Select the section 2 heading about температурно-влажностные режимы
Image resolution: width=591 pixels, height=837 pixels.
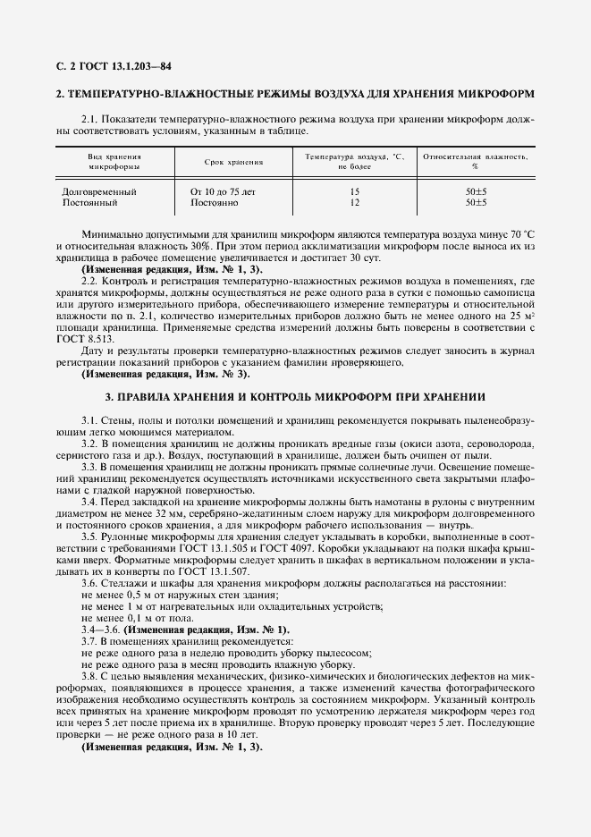tap(295, 93)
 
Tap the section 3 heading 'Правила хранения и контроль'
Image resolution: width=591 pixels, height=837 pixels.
tap(295, 395)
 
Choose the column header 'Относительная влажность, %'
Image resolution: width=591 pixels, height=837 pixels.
tap(475, 161)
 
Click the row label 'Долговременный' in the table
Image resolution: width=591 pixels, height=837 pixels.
tap(98, 192)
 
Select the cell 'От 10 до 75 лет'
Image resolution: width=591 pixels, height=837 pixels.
tap(224, 192)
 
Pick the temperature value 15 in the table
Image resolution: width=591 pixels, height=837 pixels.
tap(355, 192)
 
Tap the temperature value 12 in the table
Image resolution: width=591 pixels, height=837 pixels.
tap(355, 204)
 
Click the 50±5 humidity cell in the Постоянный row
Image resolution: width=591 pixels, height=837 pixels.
tap(476, 204)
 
